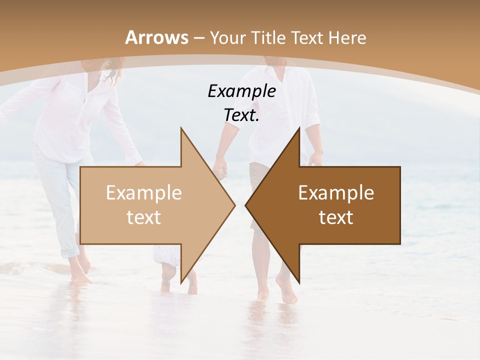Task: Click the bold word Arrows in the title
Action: click(156, 37)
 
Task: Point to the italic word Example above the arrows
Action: click(241, 91)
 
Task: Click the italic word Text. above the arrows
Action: click(241, 115)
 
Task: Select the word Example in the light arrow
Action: click(144, 193)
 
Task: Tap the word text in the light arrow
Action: click(144, 217)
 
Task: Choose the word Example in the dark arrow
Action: click(336, 193)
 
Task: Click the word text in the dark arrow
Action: click(336, 217)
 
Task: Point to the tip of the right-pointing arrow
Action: click(234, 205)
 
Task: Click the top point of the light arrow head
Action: click(181, 128)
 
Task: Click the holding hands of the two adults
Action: click(220, 170)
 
